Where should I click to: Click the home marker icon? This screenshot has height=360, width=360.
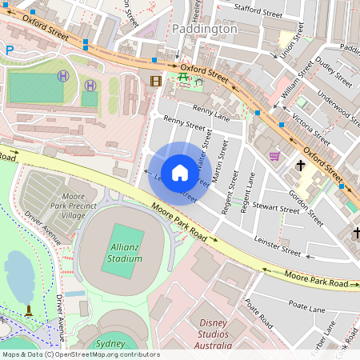click(180, 172)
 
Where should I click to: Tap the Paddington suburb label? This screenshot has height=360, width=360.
click(204, 29)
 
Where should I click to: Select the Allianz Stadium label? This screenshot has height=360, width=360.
click(125, 254)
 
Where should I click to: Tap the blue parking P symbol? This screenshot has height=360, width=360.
click(10, 50)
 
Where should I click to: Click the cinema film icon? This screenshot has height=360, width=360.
click(155, 80)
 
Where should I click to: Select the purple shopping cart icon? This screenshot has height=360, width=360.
click(274, 156)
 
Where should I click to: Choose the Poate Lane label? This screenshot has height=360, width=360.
click(307, 307)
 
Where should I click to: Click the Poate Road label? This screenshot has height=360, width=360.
click(260, 314)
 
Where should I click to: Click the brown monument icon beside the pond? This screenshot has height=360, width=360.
click(29, 310)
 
